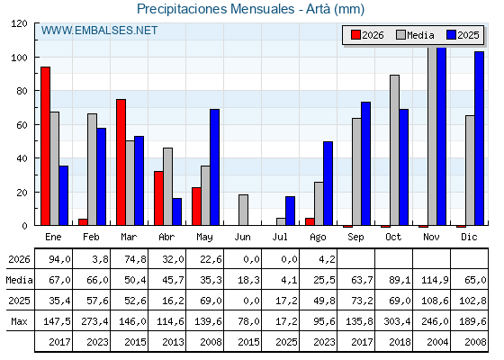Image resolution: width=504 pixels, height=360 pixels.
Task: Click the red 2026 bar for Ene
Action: [x=45, y=146]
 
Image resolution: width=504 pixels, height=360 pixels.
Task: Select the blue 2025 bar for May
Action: [x=215, y=167]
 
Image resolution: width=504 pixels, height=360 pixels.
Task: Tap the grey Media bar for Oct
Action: [x=395, y=150]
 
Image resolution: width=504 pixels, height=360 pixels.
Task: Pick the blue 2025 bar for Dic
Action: [x=479, y=139]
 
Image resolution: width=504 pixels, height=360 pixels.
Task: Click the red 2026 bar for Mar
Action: [x=121, y=162]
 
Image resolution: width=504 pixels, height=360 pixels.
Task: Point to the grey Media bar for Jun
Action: [x=243, y=210]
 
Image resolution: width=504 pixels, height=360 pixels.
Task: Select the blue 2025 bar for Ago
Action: [x=328, y=184]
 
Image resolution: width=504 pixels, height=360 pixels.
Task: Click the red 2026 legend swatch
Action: [x=355, y=35]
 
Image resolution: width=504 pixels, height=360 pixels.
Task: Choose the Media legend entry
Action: [x=415, y=35]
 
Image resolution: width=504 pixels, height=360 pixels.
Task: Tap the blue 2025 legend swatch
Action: [x=451, y=35]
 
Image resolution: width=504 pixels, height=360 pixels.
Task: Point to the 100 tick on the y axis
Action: [x=19, y=58]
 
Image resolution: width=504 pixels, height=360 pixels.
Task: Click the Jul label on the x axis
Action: [x=280, y=238]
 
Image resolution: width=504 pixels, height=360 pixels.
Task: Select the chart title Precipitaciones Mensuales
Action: [x=216, y=9]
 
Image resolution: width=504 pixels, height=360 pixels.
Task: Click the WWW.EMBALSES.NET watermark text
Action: [x=99, y=31]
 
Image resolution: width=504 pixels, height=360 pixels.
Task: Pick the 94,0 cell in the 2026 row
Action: [x=59, y=259]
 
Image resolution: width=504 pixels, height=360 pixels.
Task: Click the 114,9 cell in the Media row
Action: [x=435, y=280]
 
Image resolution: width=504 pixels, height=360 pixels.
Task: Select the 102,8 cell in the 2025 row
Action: [x=472, y=301]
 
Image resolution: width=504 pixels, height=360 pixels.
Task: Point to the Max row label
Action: [x=19, y=321]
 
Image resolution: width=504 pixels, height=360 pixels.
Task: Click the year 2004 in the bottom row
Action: [x=437, y=342]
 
